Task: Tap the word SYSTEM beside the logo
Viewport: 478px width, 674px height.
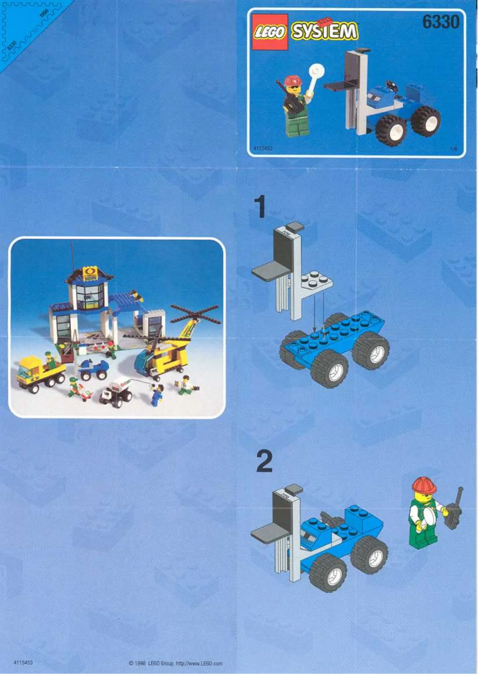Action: point(324,31)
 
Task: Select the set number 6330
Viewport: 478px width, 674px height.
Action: point(440,22)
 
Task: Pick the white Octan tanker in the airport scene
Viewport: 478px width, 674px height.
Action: point(119,392)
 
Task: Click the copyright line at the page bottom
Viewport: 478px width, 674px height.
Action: point(175,663)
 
